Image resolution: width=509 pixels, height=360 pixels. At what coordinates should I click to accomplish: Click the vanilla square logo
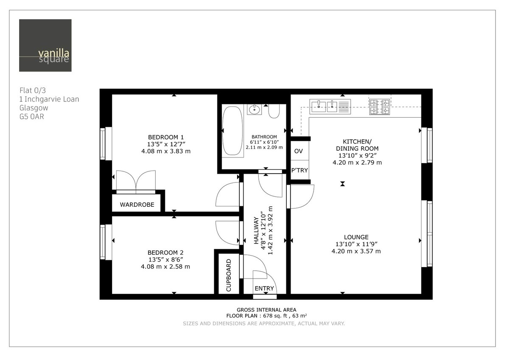[45, 45]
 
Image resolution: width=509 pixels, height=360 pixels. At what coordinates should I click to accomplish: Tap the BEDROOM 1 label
[165, 137]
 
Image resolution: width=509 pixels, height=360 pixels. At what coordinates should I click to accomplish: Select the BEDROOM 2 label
[165, 252]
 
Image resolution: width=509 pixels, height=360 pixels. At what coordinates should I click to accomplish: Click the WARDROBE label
[137, 205]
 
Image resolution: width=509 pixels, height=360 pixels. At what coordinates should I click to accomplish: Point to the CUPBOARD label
[229, 275]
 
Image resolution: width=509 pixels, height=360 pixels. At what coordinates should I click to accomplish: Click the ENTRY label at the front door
[264, 289]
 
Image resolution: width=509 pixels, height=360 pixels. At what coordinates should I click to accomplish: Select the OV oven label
[299, 151]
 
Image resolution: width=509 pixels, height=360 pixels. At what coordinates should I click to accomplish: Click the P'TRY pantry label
[299, 171]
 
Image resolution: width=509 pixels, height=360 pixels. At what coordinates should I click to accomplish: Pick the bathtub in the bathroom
[232, 131]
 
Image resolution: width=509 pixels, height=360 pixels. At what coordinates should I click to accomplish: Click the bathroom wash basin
[254, 110]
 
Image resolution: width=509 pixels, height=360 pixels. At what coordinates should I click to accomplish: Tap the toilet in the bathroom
[274, 112]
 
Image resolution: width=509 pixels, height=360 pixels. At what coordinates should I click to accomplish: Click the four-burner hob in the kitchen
[379, 107]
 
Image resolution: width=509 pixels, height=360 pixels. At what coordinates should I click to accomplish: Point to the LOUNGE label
[356, 237]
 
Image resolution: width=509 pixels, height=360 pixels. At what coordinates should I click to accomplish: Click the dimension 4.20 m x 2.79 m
[357, 163]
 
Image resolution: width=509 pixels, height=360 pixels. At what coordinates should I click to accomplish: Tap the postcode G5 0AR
[32, 116]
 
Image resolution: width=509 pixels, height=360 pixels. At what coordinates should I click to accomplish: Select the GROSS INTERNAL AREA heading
[266, 310]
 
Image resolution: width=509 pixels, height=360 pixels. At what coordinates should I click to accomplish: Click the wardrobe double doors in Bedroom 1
[136, 181]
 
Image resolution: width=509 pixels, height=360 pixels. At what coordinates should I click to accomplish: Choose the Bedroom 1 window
[103, 143]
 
